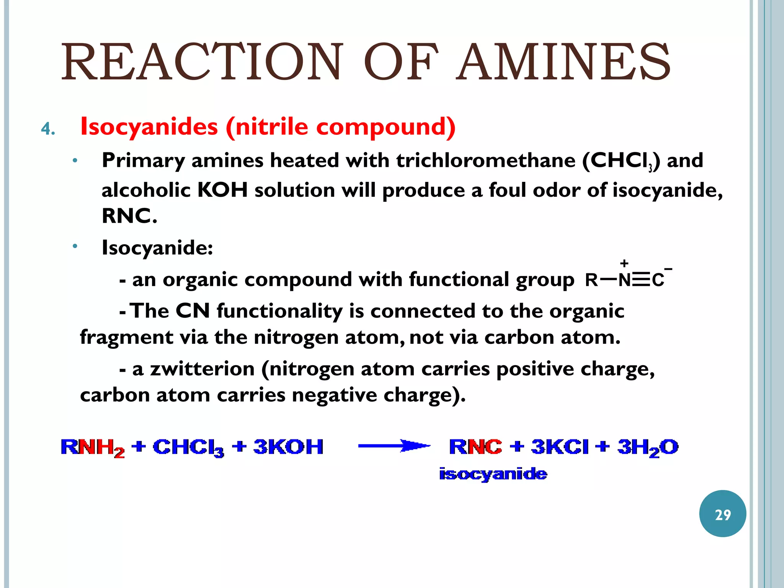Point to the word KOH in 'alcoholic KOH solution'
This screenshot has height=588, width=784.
coord(222,190)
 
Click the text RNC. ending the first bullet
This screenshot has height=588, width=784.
coord(129,216)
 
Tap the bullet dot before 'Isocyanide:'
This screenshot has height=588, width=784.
coord(75,246)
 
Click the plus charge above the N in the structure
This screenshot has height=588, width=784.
coord(624,263)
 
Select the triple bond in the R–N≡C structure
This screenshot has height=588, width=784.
coord(641,281)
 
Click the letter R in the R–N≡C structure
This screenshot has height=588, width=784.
coord(591,281)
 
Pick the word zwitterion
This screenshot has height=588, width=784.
coord(202,369)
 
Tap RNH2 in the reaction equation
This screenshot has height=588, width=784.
coord(93,448)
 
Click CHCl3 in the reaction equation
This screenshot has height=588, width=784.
coord(188,448)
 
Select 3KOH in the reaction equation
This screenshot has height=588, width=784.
coord(288,447)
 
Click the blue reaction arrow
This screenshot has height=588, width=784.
coord(394,446)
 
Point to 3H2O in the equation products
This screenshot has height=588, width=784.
coord(648,448)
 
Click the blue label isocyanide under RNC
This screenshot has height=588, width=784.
coord(493,474)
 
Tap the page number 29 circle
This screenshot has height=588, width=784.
coord(722,514)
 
